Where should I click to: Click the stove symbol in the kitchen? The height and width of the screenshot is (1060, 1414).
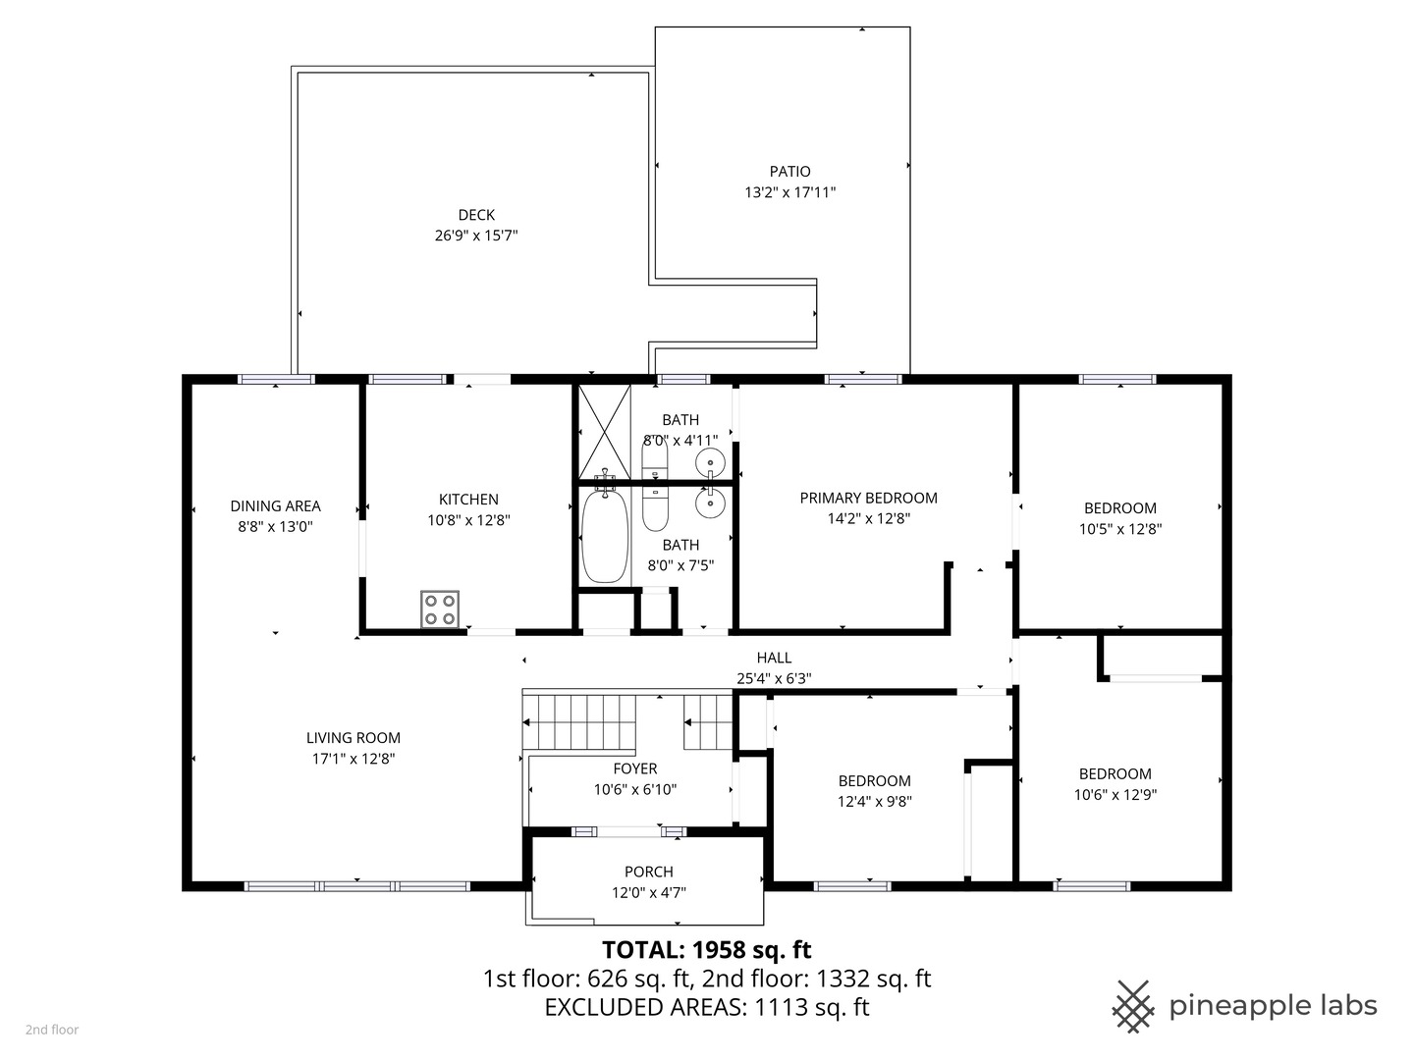[x=440, y=609]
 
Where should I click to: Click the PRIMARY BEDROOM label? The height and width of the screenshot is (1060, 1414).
[x=868, y=498]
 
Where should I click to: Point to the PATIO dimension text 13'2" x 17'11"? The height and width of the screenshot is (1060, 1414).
[x=789, y=192]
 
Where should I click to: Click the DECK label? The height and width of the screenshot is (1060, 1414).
[x=476, y=215]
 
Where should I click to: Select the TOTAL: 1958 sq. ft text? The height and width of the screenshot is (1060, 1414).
[x=706, y=949]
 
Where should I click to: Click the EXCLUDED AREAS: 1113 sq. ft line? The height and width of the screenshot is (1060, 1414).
[x=706, y=1007]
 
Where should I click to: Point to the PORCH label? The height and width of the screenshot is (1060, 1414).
[x=648, y=872]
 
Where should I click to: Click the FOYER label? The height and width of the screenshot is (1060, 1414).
[x=634, y=768]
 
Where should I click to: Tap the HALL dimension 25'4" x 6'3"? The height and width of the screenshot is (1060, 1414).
[x=774, y=678]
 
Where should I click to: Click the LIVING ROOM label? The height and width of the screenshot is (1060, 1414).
[x=353, y=738]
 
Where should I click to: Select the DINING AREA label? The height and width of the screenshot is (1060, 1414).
[x=275, y=505]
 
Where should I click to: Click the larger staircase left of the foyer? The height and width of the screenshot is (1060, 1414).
[x=579, y=722]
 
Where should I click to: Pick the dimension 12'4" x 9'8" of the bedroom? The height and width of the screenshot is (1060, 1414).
[x=874, y=801]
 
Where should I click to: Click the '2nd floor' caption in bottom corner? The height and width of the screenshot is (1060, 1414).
[x=52, y=1030]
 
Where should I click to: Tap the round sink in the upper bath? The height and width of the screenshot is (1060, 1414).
[x=710, y=460]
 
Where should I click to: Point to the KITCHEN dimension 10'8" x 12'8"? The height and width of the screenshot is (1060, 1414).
[x=468, y=520]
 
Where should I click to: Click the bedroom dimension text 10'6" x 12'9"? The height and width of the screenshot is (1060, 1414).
[x=1115, y=795]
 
